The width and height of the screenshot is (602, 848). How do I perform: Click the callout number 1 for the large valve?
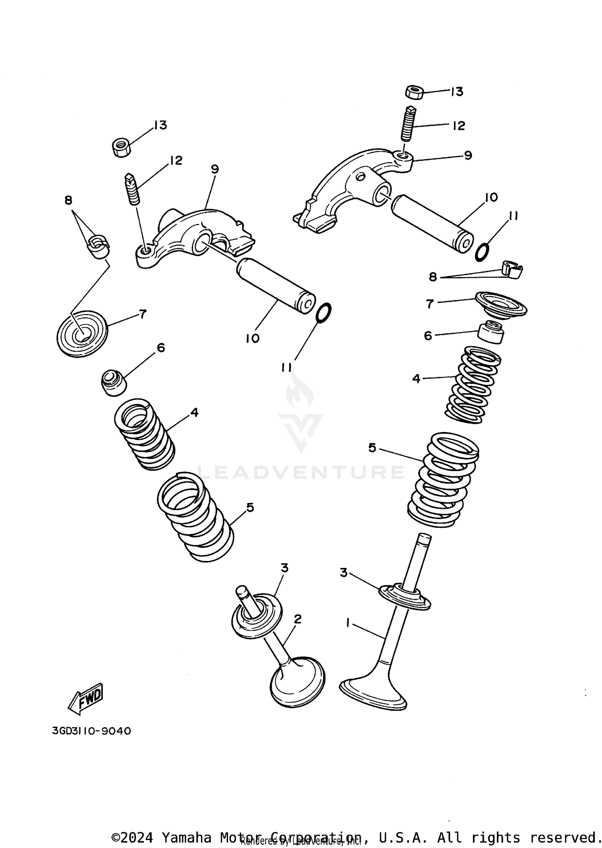pyautogui.click(x=348, y=622)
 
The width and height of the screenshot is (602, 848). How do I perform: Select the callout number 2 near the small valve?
pyautogui.click(x=297, y=619)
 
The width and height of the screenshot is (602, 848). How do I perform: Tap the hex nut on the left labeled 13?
pyautogui.click(x=121, y=147)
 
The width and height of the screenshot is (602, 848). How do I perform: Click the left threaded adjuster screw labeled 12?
pyautogui.click(x=133, y=189)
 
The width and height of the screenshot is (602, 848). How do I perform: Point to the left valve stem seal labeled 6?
pyautogui.click(x=113, y=383)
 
